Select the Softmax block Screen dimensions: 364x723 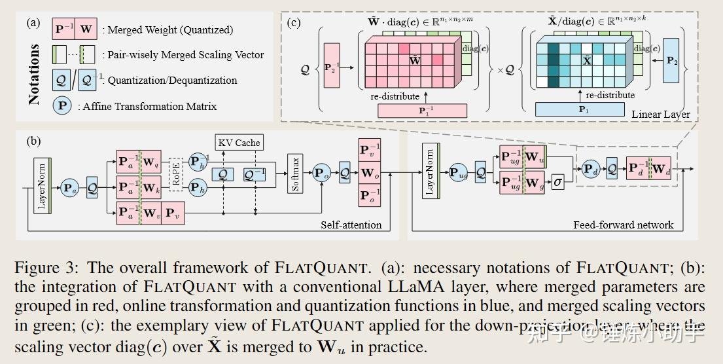tap(296, 173)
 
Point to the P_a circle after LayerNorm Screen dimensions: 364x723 tap(69, 188)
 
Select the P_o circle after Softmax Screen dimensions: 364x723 tap(321, 173)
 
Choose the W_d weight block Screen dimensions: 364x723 tap(660, 168)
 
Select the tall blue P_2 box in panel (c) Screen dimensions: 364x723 tap(671, 60)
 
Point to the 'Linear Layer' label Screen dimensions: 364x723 tap(660, 114)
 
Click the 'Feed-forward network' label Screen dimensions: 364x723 tap(622, 225)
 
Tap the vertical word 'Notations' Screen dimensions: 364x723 tap(34, 74)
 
